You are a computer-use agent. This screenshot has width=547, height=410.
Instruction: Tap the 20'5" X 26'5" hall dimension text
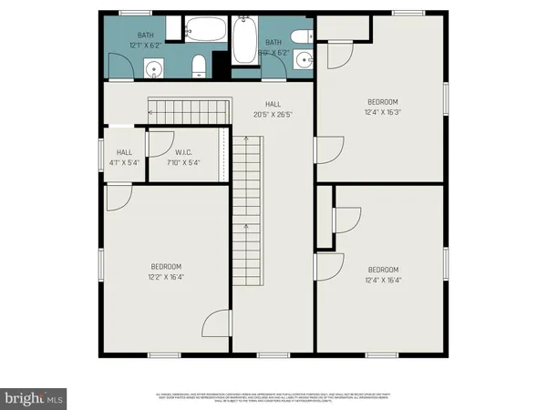pos(272,115)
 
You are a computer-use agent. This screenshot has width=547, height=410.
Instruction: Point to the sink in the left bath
pos(154,67)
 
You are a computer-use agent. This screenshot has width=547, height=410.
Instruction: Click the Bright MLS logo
pos(34,397)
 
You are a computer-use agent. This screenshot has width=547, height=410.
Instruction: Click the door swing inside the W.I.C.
pos(159,141)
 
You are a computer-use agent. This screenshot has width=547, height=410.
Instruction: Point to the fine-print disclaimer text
pos(273,398)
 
